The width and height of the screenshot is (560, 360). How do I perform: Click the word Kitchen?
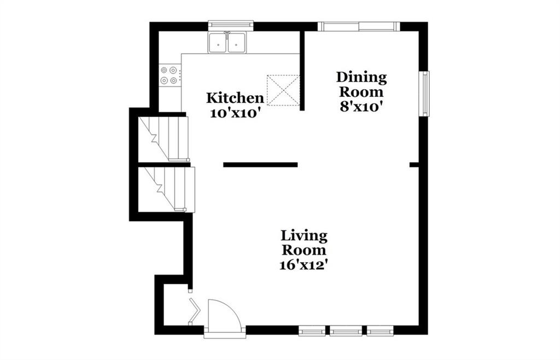tap(235, 98)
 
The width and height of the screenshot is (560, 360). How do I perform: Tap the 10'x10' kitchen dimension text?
tap(234, 114)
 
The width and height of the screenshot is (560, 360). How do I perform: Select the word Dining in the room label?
tap(361, 78)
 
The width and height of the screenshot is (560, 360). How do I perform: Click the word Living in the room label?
tap(304, 236)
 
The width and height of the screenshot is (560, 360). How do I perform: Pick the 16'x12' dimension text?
tap(304, 265)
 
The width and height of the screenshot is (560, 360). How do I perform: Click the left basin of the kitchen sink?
tap(217, 43)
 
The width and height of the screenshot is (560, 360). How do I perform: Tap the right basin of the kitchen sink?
tap(236, 43)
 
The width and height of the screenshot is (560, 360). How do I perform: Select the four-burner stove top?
tap(170, 75)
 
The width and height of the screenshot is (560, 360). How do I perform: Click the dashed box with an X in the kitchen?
tap(283, 90)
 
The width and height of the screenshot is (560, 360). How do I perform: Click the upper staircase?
tap(164, 138)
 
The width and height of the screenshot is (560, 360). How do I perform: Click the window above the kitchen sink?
tap(231, 24)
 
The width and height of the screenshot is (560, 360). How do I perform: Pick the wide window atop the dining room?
tap(359, 26)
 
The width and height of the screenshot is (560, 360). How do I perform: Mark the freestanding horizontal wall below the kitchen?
tap(260, 165)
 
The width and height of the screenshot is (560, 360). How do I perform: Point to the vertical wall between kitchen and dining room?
tap(302, 71)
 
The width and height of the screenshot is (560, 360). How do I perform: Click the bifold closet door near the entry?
tap(194, 311)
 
